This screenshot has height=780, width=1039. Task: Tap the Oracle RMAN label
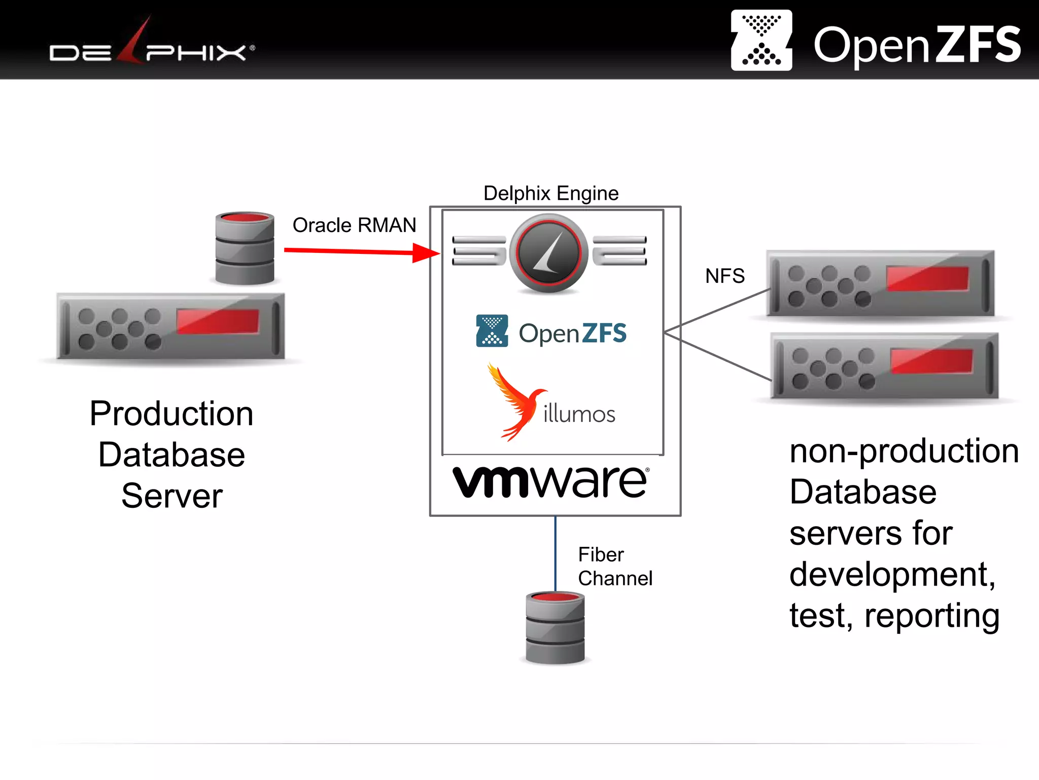click(x=354, y=225)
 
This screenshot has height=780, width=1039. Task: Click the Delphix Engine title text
click(x=551, y=193)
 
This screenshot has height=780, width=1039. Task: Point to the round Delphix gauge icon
click(x=548, y=252)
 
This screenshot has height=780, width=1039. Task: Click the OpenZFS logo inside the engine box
click(x=551, y=332)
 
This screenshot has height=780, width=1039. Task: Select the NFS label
click(x=724, y=276)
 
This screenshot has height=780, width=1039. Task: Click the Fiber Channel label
click(x=614, y=567)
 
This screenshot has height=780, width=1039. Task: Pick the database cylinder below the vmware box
click(x=555, y=628)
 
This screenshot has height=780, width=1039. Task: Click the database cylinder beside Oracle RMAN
click(x=245, y=248)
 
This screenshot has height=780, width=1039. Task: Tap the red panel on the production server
click(x=218, y=321)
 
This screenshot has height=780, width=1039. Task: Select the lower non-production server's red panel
click(x=931, y=361)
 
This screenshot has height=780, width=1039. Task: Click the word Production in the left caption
click(x=171, y=413)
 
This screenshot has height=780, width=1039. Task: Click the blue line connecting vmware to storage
click(x=555, y=554)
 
